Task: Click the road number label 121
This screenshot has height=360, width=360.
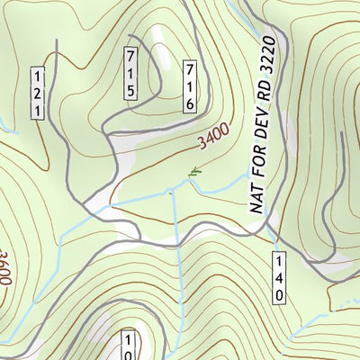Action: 38,93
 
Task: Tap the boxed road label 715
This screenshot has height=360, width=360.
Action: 130,73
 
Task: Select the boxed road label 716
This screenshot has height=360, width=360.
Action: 189,86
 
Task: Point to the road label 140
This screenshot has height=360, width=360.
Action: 279,277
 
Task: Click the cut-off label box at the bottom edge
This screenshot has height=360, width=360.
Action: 130,347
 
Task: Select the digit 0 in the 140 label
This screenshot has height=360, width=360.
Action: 279,293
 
